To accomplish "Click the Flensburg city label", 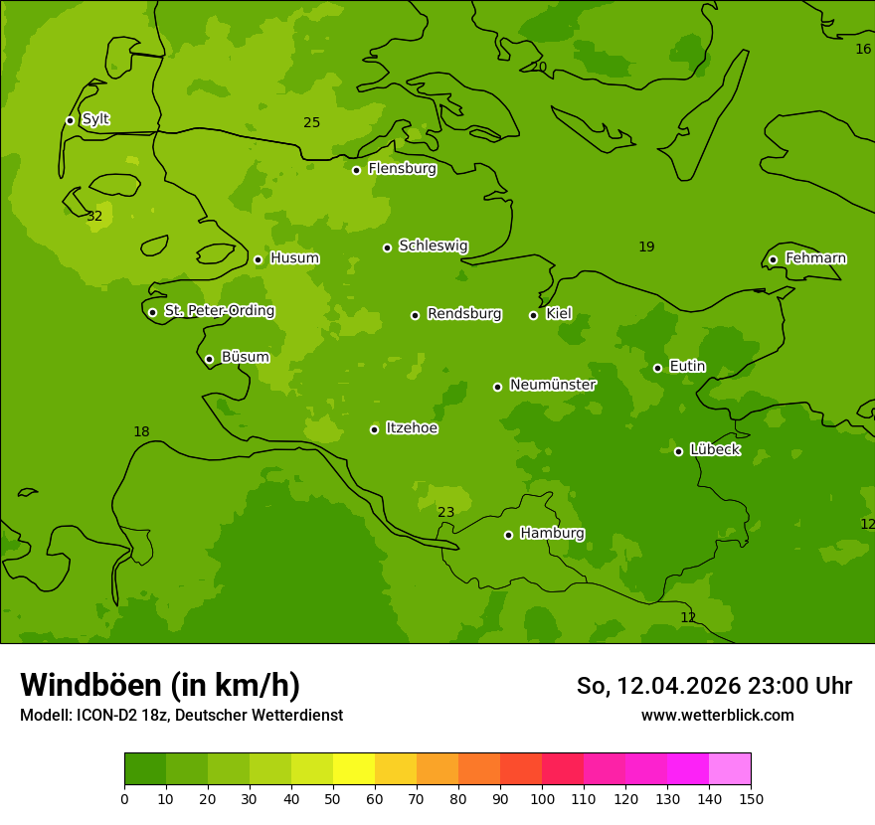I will (402, 169).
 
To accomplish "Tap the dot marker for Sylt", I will (70, 120).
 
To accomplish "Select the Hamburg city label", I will (552, 534).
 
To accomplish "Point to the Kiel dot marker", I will (533, 315).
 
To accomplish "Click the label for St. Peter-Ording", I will (219, 311).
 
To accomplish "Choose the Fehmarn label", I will (815, 258).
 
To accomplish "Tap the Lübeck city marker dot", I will (678, 451).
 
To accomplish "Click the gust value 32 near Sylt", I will (94, 217).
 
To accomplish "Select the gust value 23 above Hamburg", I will (446, 513).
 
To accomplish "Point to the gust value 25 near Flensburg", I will (312, 123).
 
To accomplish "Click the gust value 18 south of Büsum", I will (141, 432).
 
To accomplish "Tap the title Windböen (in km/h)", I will (160, 685).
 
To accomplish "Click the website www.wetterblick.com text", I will (717, 716).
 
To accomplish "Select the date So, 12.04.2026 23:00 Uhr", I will (714, 686).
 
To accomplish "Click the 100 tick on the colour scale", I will (542, 799).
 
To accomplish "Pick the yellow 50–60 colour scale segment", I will (354, 769).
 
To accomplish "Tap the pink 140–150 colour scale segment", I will (730, 769).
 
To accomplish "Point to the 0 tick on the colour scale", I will (124, 799).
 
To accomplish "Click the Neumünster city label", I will (553, 385).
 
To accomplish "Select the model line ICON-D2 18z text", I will (181, 716).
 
